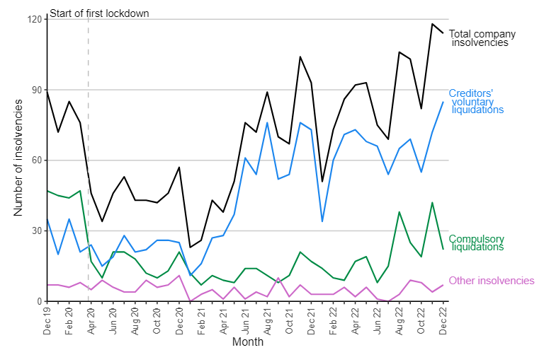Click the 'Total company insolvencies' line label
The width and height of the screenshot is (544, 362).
(x=482, y=38)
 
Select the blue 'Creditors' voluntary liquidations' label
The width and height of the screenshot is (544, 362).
(x=476, y=102)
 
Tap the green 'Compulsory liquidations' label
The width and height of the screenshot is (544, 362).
(x=476, y=243)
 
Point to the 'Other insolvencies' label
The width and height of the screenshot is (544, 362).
(x=492, y=281)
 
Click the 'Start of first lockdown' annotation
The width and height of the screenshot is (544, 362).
(x=99, y=13)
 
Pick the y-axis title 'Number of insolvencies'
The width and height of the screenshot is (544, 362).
(x=18, y=158)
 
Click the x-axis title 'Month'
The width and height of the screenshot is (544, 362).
(x=248, y=342)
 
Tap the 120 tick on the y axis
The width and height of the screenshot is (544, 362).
(x=34, y=19)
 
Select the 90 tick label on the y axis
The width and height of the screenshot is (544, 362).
(x=37, y=90)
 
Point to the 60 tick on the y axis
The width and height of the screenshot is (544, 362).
(x=37, y=160)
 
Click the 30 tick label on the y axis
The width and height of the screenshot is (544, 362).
(x=37, y=231)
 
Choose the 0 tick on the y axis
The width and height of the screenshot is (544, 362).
(x=39, y=302)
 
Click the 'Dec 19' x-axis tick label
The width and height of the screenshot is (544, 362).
(x=47, y=321)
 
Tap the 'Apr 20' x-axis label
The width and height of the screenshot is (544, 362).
(x=91, y=321)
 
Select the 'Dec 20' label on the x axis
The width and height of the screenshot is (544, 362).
(x=179, y=321)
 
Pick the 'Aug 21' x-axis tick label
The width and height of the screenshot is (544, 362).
(x=267, y=321)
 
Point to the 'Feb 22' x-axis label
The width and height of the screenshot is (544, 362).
(x=333, y=321)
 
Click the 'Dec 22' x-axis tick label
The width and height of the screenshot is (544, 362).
(x=443, y=321)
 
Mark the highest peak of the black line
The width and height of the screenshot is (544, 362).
(x=432, y=24)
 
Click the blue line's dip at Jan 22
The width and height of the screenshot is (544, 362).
(x=322, y=221)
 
